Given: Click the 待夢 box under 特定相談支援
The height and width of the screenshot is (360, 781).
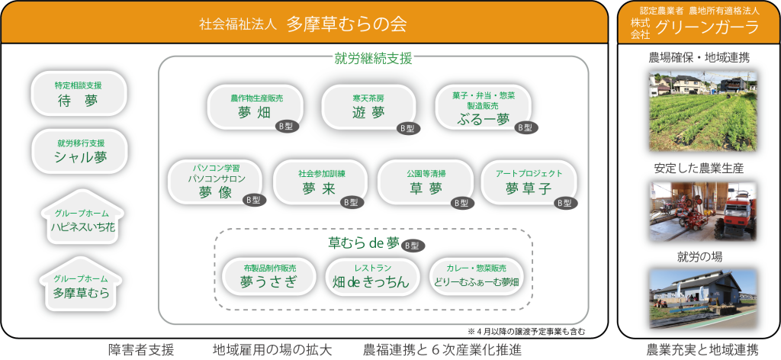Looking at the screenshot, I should tap(78, 94).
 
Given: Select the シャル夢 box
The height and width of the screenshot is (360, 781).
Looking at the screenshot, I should tap(78, 152).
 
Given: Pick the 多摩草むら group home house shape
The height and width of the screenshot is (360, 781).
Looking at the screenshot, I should tap(81, 287).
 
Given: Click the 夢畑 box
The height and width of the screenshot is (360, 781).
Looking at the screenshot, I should tap(255, 108).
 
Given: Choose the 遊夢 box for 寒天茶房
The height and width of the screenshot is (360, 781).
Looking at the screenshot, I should tap(368, 108).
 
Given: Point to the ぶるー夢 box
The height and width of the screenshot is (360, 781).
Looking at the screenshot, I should tap(482, 108).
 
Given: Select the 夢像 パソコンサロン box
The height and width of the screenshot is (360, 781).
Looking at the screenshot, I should tap(215, 182).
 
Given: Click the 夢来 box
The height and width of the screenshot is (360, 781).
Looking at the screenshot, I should tap(319, 182).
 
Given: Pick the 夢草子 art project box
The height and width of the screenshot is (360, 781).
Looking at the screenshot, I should tap(529, 182).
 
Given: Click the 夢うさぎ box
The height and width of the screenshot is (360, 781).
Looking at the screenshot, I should tap(268, 276).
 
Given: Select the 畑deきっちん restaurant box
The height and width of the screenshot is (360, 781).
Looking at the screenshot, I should tap(372, 276).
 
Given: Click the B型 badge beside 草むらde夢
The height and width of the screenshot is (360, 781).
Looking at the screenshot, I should tap(413, 246).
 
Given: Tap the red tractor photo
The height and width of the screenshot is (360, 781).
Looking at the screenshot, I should tap(702, 211).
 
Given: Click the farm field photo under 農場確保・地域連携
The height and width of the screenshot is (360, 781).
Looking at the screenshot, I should tap(702, 111).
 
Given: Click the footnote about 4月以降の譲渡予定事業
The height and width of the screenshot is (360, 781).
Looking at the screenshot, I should tap(526, 332).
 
